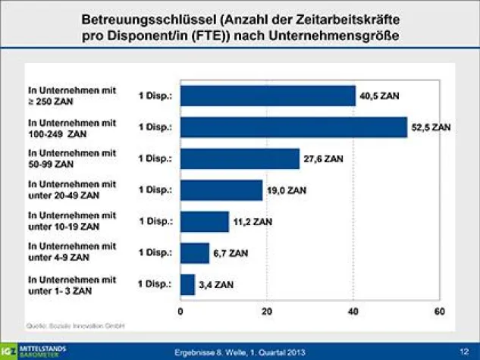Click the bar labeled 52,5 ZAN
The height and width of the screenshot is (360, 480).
(293, 127)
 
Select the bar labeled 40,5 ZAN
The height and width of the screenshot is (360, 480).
(268, 95)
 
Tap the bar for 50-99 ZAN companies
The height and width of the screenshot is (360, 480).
(240, 159)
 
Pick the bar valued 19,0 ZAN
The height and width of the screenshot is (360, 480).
(221, 190)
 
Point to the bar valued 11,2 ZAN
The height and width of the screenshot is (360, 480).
(205, 221)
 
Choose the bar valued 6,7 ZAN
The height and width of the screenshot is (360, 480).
(195, 253)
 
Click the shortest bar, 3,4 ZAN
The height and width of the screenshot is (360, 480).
(188, 284)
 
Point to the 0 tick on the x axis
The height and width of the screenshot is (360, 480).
(180, 311)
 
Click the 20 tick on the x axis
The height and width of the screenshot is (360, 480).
(267, 311)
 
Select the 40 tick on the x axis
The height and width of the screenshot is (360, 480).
(353, 311)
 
